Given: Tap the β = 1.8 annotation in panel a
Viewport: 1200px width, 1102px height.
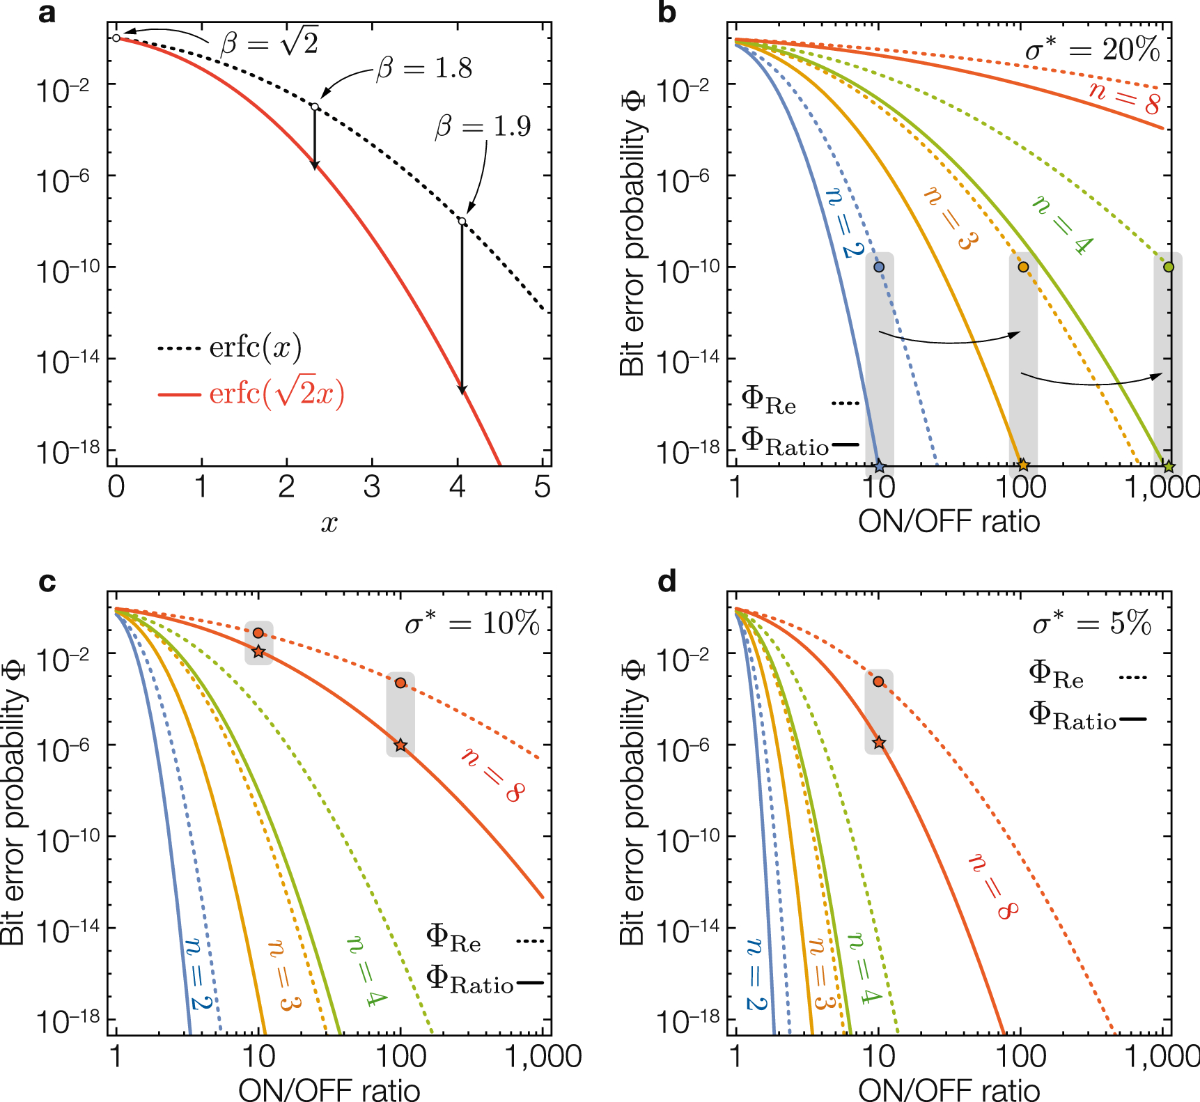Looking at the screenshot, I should [x=424, y=68].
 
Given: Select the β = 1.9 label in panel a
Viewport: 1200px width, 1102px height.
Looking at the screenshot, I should [x=483, y=126].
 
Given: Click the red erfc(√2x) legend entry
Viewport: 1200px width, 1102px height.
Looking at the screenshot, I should [x=252, y=394].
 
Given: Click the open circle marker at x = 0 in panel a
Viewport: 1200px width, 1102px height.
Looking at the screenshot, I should [x=116, y=38].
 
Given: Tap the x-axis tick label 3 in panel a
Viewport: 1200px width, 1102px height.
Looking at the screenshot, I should [x=371, y=487].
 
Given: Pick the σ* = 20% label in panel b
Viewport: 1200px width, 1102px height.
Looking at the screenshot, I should [x=1091, y=49].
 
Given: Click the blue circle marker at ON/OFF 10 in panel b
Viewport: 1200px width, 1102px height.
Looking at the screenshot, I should [x=879, y=267].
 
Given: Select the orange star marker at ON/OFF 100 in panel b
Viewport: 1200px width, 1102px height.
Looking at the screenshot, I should [x=1022, y=465].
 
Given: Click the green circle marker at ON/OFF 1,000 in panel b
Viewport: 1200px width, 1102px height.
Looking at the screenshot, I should [x=1169, y=267].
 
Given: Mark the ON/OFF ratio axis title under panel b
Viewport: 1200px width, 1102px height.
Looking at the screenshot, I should [x=949, y=521].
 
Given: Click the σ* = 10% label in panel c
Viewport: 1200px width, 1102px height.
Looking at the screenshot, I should [x=472, y=622].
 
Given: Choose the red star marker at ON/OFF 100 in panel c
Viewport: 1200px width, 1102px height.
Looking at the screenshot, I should [x=400, y=745].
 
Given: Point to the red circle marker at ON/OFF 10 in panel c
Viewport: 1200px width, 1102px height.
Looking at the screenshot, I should [x=258, y=633].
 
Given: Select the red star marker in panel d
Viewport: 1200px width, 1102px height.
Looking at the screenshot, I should [x=879, y=743].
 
